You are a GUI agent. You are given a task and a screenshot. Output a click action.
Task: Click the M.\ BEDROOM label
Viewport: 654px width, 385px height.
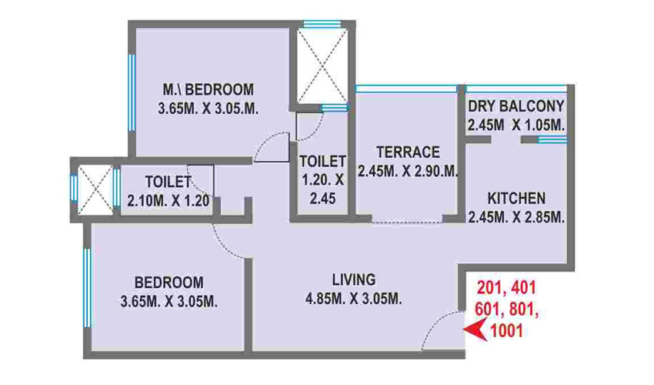pyautogui.click(x=208, y=87)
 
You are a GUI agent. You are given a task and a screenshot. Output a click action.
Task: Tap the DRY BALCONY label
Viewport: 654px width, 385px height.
pyautogui.click(x=516, y=106)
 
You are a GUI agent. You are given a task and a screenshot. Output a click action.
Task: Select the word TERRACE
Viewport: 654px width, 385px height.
pyautogui.click(x=408, y=152)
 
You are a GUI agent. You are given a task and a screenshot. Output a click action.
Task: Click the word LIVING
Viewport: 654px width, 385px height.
pyautogui.click(x=353, y=279)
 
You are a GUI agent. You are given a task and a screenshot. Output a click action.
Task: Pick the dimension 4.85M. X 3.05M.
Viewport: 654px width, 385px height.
pyautogui.click(x=353, y=299)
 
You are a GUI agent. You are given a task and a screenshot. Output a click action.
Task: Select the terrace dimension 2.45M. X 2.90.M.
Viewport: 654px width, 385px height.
pyautogui.click(x=408, y=171)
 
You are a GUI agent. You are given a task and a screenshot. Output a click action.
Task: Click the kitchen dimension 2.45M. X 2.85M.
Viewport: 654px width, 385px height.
pyautogui.click(x=516, y=218)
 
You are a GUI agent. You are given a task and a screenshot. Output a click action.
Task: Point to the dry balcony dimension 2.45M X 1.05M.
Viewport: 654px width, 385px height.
pyautogui.click(x=516, y=125)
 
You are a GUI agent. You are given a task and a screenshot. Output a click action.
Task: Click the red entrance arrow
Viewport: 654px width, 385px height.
pyautogui.click(x=474, y=331)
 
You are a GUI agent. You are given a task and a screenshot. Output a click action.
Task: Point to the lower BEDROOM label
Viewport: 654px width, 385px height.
pyautogui.click(x=168, y=281)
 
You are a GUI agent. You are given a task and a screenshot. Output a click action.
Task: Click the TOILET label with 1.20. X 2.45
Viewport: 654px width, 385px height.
pyautogui.click(x=322, y=161)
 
